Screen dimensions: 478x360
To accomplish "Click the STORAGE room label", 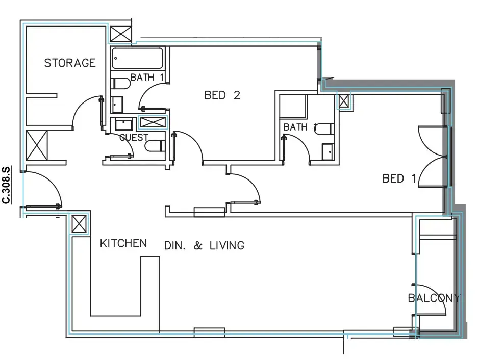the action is tap(70, 63).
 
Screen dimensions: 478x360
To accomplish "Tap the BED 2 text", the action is tap(222, 95).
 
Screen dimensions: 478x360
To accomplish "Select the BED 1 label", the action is tap(399, 178).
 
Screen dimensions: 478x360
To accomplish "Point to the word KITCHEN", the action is tap(123, 243).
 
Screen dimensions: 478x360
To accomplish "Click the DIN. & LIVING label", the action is tap(204, 245).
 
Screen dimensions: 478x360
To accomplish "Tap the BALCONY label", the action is tap(434, 298).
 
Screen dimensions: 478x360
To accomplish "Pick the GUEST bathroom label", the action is tap(134, 138).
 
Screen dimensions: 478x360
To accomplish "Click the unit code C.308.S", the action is tap(7, 185).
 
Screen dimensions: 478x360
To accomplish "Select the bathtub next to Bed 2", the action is tap(137, 58).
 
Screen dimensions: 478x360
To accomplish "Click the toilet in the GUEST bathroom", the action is tap(155, 146).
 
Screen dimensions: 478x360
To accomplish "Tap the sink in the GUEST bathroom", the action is tap(123, 124).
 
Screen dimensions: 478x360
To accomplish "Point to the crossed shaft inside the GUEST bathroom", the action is tap(153, 122).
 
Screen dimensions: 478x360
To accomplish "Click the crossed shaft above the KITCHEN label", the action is tap(79, 224).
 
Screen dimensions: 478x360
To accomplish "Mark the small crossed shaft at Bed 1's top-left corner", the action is tap(343, 101).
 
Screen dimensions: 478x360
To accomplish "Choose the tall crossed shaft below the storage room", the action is tap(37, 145).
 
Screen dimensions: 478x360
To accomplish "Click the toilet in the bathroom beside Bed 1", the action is tap(324, 128).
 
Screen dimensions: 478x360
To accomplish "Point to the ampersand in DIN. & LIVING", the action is tap(198, 245).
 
